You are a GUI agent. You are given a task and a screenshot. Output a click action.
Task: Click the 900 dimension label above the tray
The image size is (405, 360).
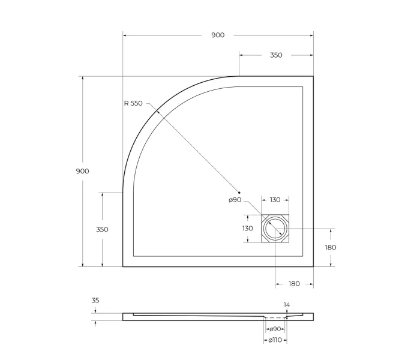[x=218, y=35]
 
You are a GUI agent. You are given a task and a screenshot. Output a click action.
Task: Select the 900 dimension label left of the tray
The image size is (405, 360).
[x=82, y=171]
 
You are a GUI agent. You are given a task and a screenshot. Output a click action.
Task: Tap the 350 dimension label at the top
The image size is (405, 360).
[x=275, y=55]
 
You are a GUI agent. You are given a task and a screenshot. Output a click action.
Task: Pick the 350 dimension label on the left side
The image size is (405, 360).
[x=102, y=229]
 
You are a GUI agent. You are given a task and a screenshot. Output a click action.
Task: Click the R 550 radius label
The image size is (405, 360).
[x=133, y=103]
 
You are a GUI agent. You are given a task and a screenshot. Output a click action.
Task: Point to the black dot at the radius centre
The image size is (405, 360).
[x=239, y=192]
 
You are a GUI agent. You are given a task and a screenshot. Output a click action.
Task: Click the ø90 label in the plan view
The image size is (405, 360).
[x=235, y=200]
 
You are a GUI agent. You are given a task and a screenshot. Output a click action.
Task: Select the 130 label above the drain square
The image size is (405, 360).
[x=275, y=200]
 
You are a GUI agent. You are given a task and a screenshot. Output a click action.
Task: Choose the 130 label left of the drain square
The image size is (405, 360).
[x=247, y=229]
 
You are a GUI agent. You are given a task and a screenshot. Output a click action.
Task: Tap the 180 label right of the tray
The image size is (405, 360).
[x=330, y=247]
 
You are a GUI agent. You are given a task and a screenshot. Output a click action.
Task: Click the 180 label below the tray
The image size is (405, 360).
[x=294, y=284]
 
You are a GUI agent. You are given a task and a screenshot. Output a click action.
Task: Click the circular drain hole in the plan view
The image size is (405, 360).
[x=275, y=229]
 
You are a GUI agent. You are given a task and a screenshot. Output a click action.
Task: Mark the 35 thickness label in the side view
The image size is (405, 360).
[x=96, y=301]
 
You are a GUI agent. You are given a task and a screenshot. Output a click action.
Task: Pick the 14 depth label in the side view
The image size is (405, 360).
[x=287, y=305]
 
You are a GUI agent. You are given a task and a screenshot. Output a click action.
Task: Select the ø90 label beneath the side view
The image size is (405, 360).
[x=275, y=329]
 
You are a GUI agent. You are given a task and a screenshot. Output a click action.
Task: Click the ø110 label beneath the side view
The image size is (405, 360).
[x=275, y=340]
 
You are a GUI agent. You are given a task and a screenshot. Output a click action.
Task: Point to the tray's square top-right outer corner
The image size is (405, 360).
[x=313, y=76]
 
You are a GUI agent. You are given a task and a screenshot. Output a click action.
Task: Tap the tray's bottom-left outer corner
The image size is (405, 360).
[x=123, y=266]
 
